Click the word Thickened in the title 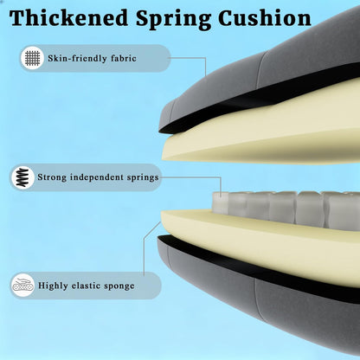68,18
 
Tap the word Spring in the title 173,20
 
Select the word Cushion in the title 265,18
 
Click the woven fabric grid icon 32,58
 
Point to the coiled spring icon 22,177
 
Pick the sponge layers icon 22,286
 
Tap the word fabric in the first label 124,58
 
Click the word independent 97,177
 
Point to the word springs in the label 144,177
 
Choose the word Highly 53,286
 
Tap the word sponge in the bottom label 119,286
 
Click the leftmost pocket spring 221,203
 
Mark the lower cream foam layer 260,240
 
